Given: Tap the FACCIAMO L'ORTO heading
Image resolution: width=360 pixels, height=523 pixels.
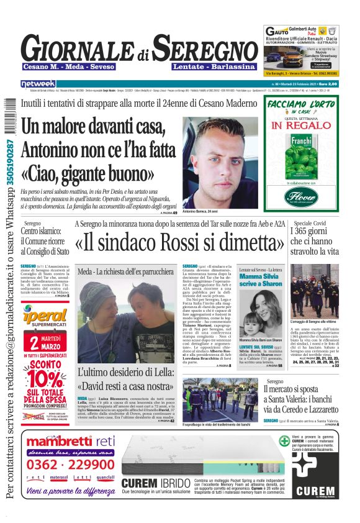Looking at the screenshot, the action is point(302,103).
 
